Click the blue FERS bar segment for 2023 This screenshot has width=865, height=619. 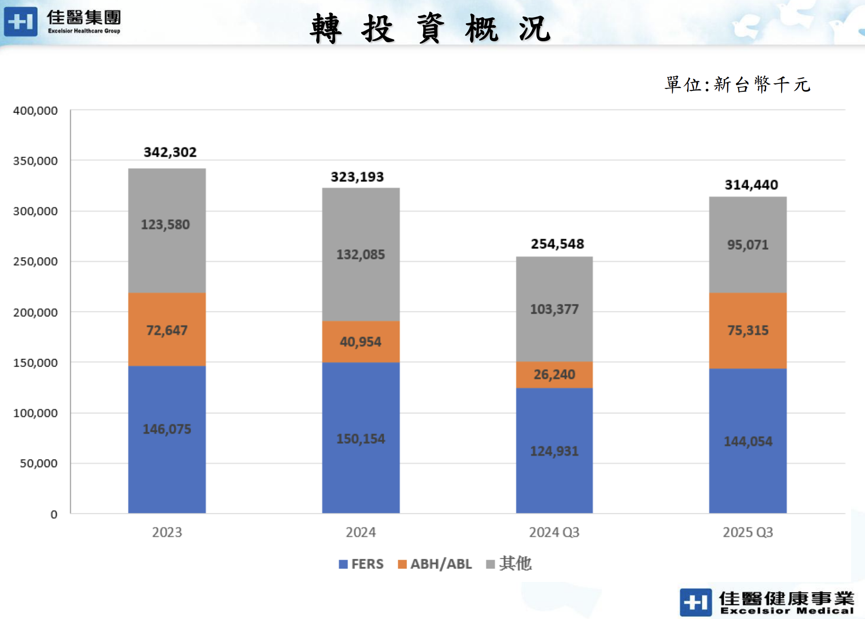point(167,463)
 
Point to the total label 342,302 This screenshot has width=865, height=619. point(170,152)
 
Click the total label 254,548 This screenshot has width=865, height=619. point(557,244)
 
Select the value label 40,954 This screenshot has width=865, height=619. point(361,342)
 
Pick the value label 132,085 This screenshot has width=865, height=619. point(361,254)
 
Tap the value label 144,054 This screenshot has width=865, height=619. point(748,442)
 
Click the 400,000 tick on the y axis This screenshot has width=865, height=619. point(35,111)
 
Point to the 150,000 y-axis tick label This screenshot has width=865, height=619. point(35,363)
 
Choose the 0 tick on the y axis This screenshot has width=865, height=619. point(54,514)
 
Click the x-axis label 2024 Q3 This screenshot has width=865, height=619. point(554,532)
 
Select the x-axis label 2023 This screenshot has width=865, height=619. point(167,532)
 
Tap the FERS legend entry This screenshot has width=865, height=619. point(362,564)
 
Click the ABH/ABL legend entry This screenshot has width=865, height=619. point(435,564)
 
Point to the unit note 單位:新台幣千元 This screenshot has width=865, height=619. point(737,85)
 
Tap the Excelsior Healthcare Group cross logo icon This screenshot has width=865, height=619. point(20,21)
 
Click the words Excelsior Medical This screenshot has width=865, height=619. point(787,611)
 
